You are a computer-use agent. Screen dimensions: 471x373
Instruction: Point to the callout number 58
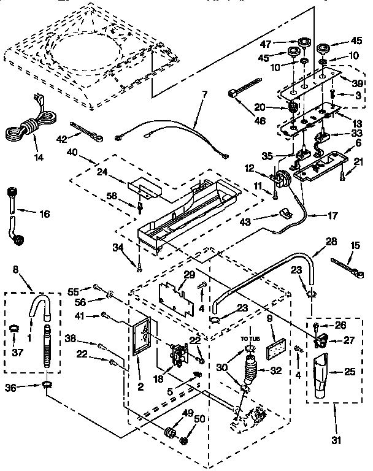point(128,194)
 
